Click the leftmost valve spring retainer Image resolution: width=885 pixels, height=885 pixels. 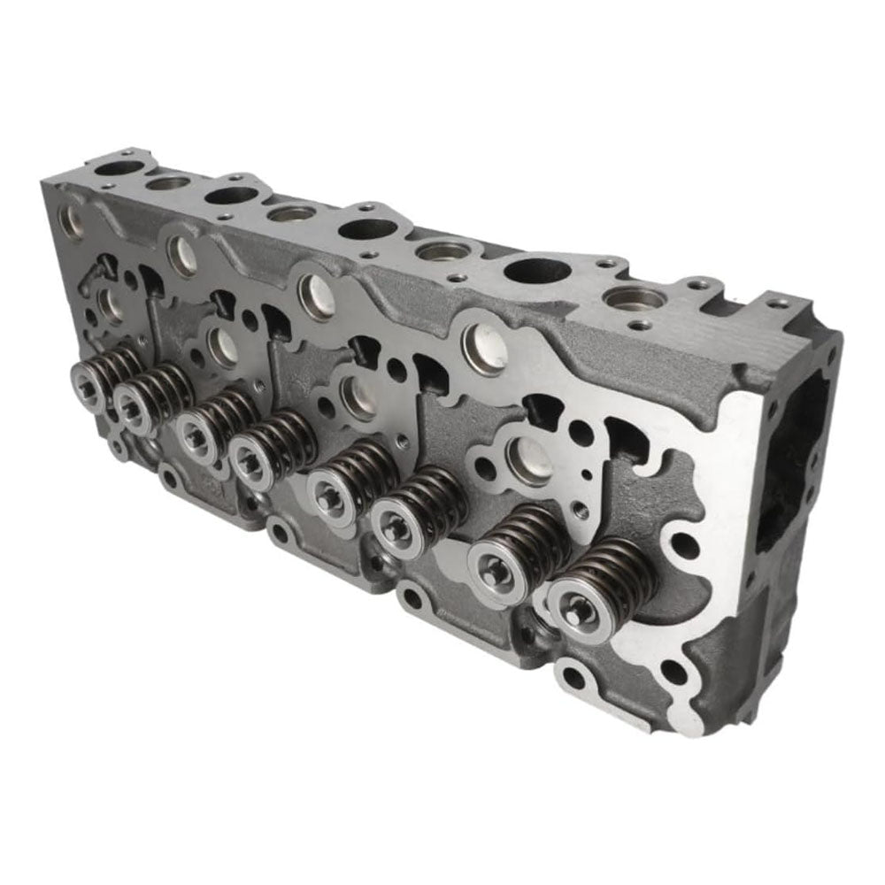pos(88,382)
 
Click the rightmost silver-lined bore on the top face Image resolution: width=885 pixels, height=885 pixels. pos(635,299)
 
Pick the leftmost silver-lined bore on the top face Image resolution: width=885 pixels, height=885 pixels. pos(168,183)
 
